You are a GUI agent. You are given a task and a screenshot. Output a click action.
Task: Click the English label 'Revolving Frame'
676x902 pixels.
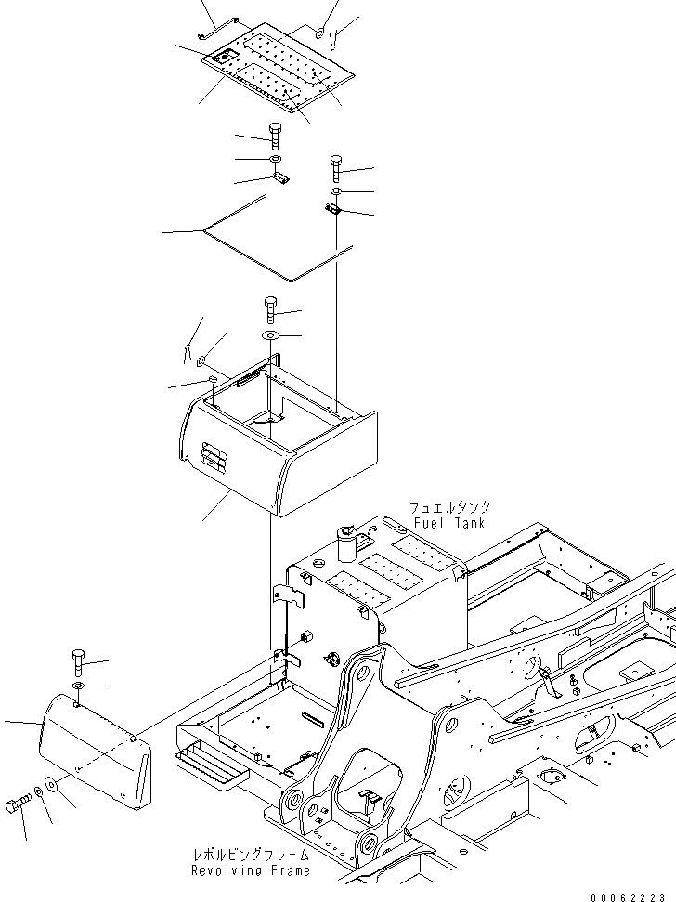[250, 870]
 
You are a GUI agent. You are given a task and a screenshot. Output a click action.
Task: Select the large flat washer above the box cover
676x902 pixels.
[270, 335]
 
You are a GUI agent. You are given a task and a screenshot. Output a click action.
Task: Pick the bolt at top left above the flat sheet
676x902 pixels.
[276, 137]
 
